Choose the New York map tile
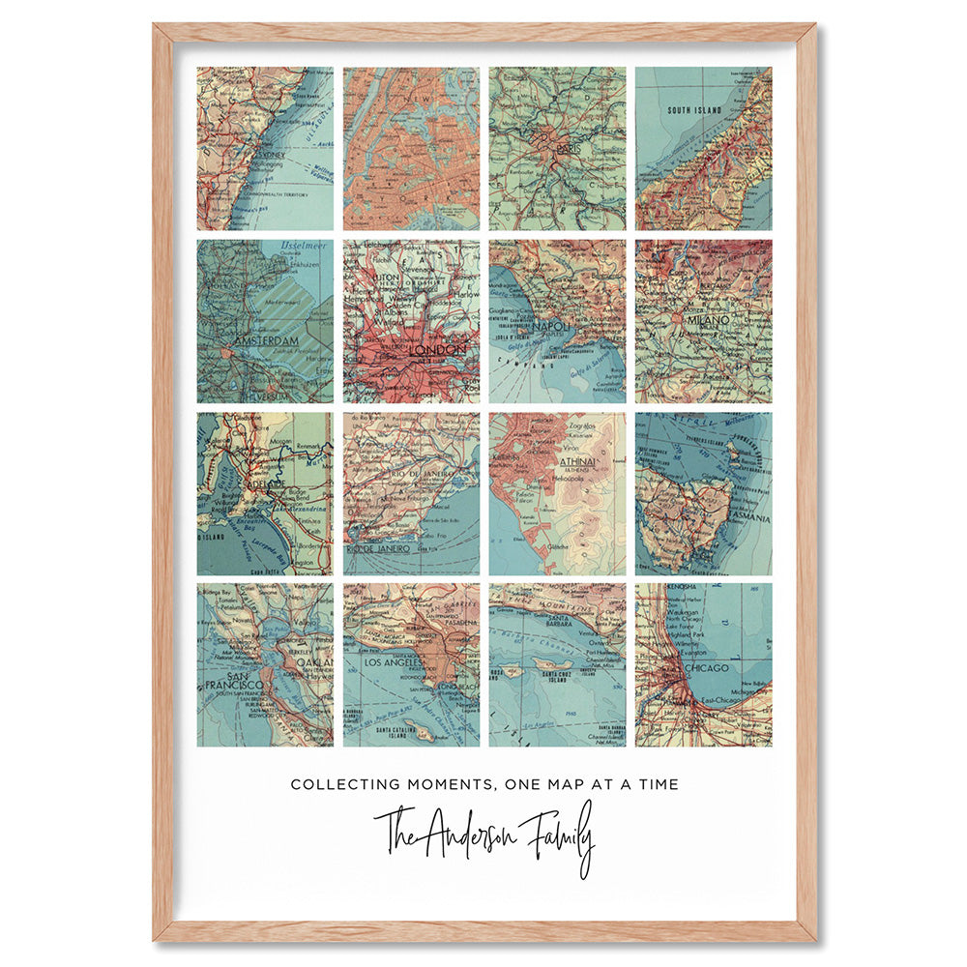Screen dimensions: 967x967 [411, 148]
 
